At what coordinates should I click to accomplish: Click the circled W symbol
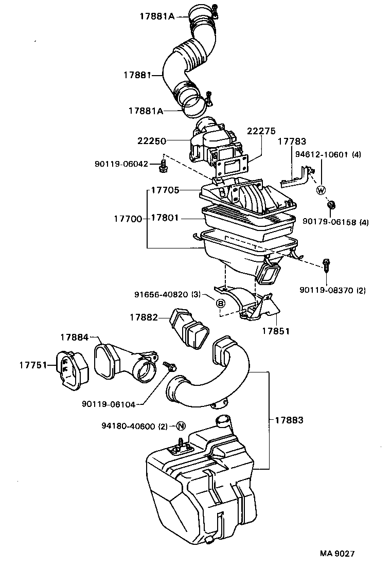(x=322, y=190)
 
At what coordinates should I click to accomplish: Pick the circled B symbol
(x=221, y=304)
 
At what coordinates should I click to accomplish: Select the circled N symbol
(x=180, y=425)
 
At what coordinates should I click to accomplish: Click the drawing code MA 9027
(x=337, y=554)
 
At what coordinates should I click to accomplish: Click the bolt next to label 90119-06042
(x=164, y=166)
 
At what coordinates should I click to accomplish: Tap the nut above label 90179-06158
(x=331, y=206)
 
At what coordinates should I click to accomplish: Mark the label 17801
(x=165, y=218)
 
